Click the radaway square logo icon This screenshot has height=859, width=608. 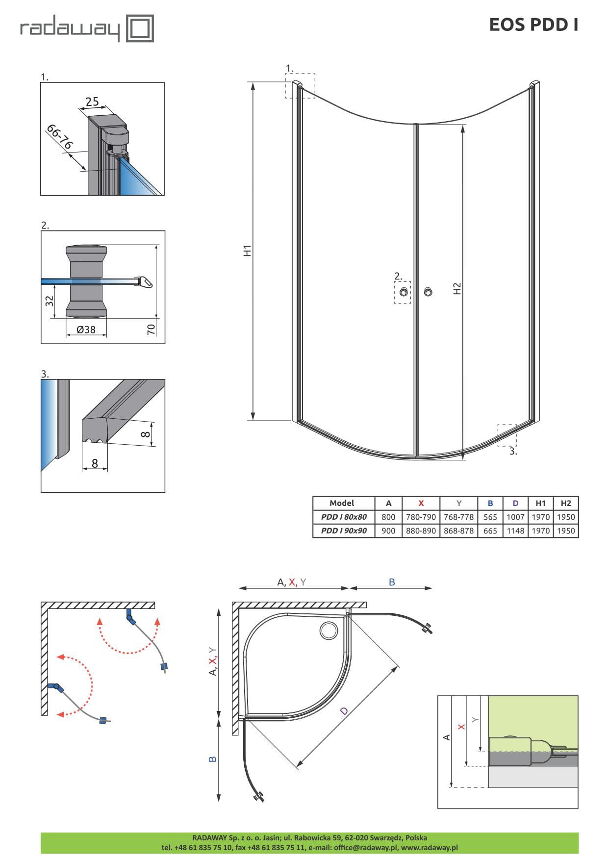click(140, 28)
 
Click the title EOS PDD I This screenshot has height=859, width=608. click(533, 25)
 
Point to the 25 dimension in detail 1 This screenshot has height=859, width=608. click(92, 101)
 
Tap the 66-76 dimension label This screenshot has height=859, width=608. click(59, 137)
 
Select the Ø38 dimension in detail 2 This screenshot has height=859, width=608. click(86, 329)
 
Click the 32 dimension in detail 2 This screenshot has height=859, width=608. click(49, 301)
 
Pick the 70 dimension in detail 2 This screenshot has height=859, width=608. click(151, 329)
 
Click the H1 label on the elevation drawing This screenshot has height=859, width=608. click(248, 250)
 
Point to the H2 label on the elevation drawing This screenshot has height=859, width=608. click(457, 288)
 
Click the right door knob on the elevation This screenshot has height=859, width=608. click(429, 292)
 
